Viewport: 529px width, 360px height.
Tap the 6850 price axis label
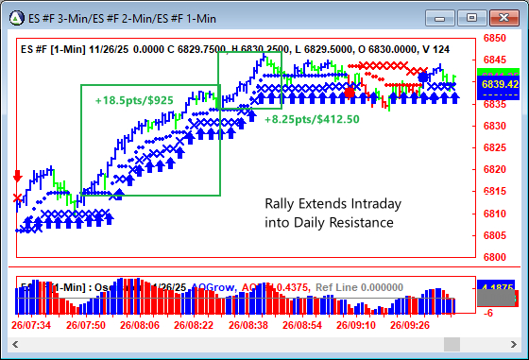tap(496, 40)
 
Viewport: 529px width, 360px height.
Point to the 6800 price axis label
tap(496, 257)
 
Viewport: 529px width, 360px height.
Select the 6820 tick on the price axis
tap(496, 170)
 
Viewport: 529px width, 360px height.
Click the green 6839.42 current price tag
tap(497, 84)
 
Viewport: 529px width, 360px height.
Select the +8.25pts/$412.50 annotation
tap(312, 120)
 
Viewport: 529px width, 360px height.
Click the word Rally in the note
tap(280, 204)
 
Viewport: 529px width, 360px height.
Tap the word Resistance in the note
tap(364, 223)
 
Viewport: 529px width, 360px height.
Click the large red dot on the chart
tap(350, 93)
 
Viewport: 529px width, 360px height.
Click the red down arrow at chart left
tap(17, 177)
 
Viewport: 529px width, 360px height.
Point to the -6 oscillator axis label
tap(491, 313)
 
